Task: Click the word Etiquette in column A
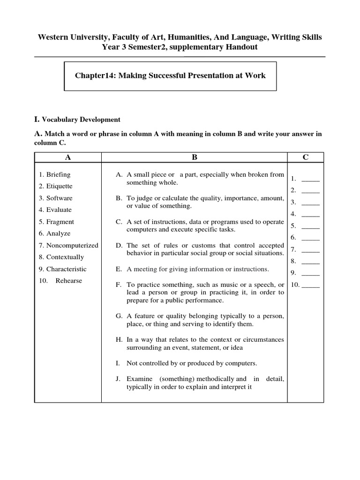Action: [x=59, y=186]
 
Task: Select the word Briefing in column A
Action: [x=58, y=174]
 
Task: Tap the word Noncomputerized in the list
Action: [x=72, y=245]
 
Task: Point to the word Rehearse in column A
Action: [x=68, y=281]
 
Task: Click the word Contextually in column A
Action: [x=65, y=257]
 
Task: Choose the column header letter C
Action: [x=305, y=157]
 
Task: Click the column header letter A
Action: [x=68, y=157]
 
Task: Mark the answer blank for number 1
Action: [x=310, y=179]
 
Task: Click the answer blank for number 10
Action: [x=311, y=285]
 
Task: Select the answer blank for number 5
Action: [x=310, y=225]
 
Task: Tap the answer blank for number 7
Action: [x=310, y=249]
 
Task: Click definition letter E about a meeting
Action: [x=119, y=269]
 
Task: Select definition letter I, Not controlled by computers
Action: [x=118, y=363]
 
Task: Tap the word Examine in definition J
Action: [x=140, y=379]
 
